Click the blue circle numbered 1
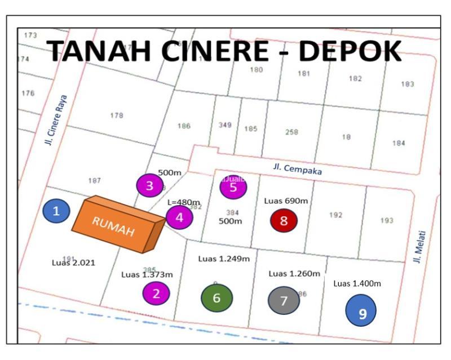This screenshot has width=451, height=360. [56, 211]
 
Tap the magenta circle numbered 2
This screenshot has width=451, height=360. [156, 292]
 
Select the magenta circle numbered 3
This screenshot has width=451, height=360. [150, 185]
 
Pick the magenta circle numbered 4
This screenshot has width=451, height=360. [179, 217]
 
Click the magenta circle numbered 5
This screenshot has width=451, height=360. [233, 188]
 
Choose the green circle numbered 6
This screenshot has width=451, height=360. [217, 297]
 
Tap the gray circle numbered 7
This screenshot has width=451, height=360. [284, 300]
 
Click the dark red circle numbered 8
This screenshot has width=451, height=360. [284, 221]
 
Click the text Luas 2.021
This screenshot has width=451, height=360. [74, 263]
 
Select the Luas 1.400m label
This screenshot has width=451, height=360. [357, 283]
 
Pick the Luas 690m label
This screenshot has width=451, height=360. [286, 201]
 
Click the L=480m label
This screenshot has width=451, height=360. [184, 202]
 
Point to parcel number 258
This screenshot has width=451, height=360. [291, 132]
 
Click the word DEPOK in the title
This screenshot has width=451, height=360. [350, 52]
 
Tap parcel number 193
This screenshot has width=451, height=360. [386, 220]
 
